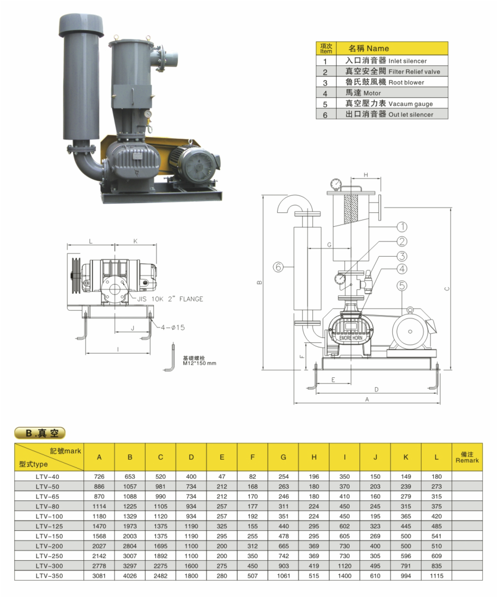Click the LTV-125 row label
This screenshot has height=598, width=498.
[x=49, y=526]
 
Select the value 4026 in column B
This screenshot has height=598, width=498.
[x=130, y=576]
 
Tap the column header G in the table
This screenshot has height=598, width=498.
[x=283, y=457]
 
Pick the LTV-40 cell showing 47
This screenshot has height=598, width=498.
[x=222, y=477]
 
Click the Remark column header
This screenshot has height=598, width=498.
[x=467, y=457]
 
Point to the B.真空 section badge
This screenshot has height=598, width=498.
[x=40, y=433]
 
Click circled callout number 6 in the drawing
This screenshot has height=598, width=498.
[x=279, y=267]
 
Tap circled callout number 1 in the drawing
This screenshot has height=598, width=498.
[x=402, y=227]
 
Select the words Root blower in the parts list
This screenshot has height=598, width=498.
[x=406, y=82]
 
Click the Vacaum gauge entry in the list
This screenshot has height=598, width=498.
[x=411, y=104]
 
